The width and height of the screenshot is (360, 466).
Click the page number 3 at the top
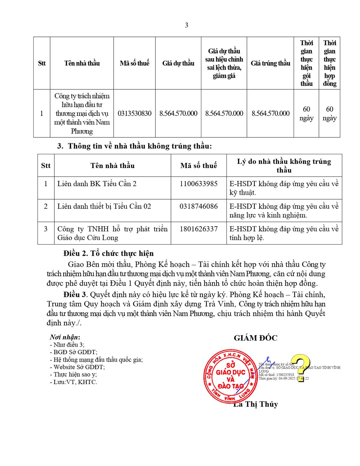pyautogui.click(x=186, y=25)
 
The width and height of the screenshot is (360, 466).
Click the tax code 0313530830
pyautogui.click(x=134, y=113)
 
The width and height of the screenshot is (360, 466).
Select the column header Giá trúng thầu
pyautogui.click(x=270, y=63)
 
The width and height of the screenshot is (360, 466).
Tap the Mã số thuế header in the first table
pyautogui.click(x=134, y=63)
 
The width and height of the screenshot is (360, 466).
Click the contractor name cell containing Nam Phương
pyautogui.click(x=82, y=113)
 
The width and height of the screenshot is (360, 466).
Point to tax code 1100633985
pyautogui.click(x=199, y=184)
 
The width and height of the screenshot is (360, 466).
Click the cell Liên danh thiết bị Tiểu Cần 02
pyautogui.click(x=104, y=206)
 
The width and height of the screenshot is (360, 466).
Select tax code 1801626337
pyautogui.click(x=199, y=229)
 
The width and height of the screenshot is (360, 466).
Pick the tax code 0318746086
pyautogui.click(x=199, y=206)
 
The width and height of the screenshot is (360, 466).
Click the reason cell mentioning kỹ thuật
pyautogui.click(x=284, y=188)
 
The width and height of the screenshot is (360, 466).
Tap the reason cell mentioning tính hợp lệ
pyautogui.click(x=284, y=233)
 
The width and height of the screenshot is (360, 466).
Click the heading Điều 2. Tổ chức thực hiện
pyautogui.click(x=108, y=254)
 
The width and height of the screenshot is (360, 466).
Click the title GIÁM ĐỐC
pyautogui.click(x=255, y=338)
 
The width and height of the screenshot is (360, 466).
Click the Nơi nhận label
pyautogui.click(x=65, y=337)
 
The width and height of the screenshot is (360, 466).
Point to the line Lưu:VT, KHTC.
pyautogui.click(x=73, y=382)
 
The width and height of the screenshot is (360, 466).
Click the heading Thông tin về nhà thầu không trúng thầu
pyautogui.click(x=134, y=146)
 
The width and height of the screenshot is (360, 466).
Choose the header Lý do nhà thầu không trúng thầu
pyautogui.click(x=284, y=166)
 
